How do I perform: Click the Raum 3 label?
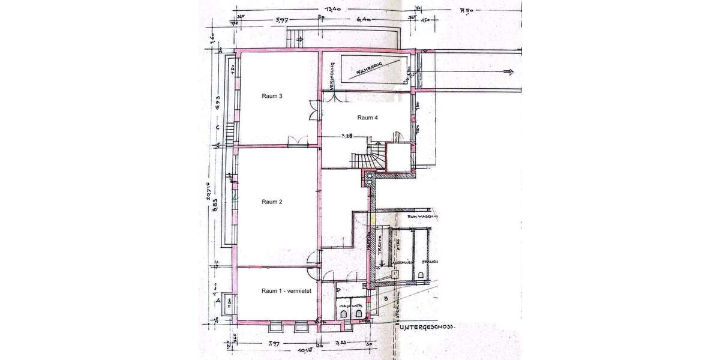point(272,95)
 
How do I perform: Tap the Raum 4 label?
point(367,118)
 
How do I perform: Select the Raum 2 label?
point(272,202)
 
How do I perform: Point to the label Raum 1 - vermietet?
point(285,291)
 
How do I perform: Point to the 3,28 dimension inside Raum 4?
point(347,136)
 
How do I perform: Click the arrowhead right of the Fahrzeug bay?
point(510,72)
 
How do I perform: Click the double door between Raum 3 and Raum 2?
point(295,141)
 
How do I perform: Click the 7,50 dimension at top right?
point(466,10)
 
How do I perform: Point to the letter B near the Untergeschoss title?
point(385,297)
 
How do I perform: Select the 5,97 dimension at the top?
point(280,20)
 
